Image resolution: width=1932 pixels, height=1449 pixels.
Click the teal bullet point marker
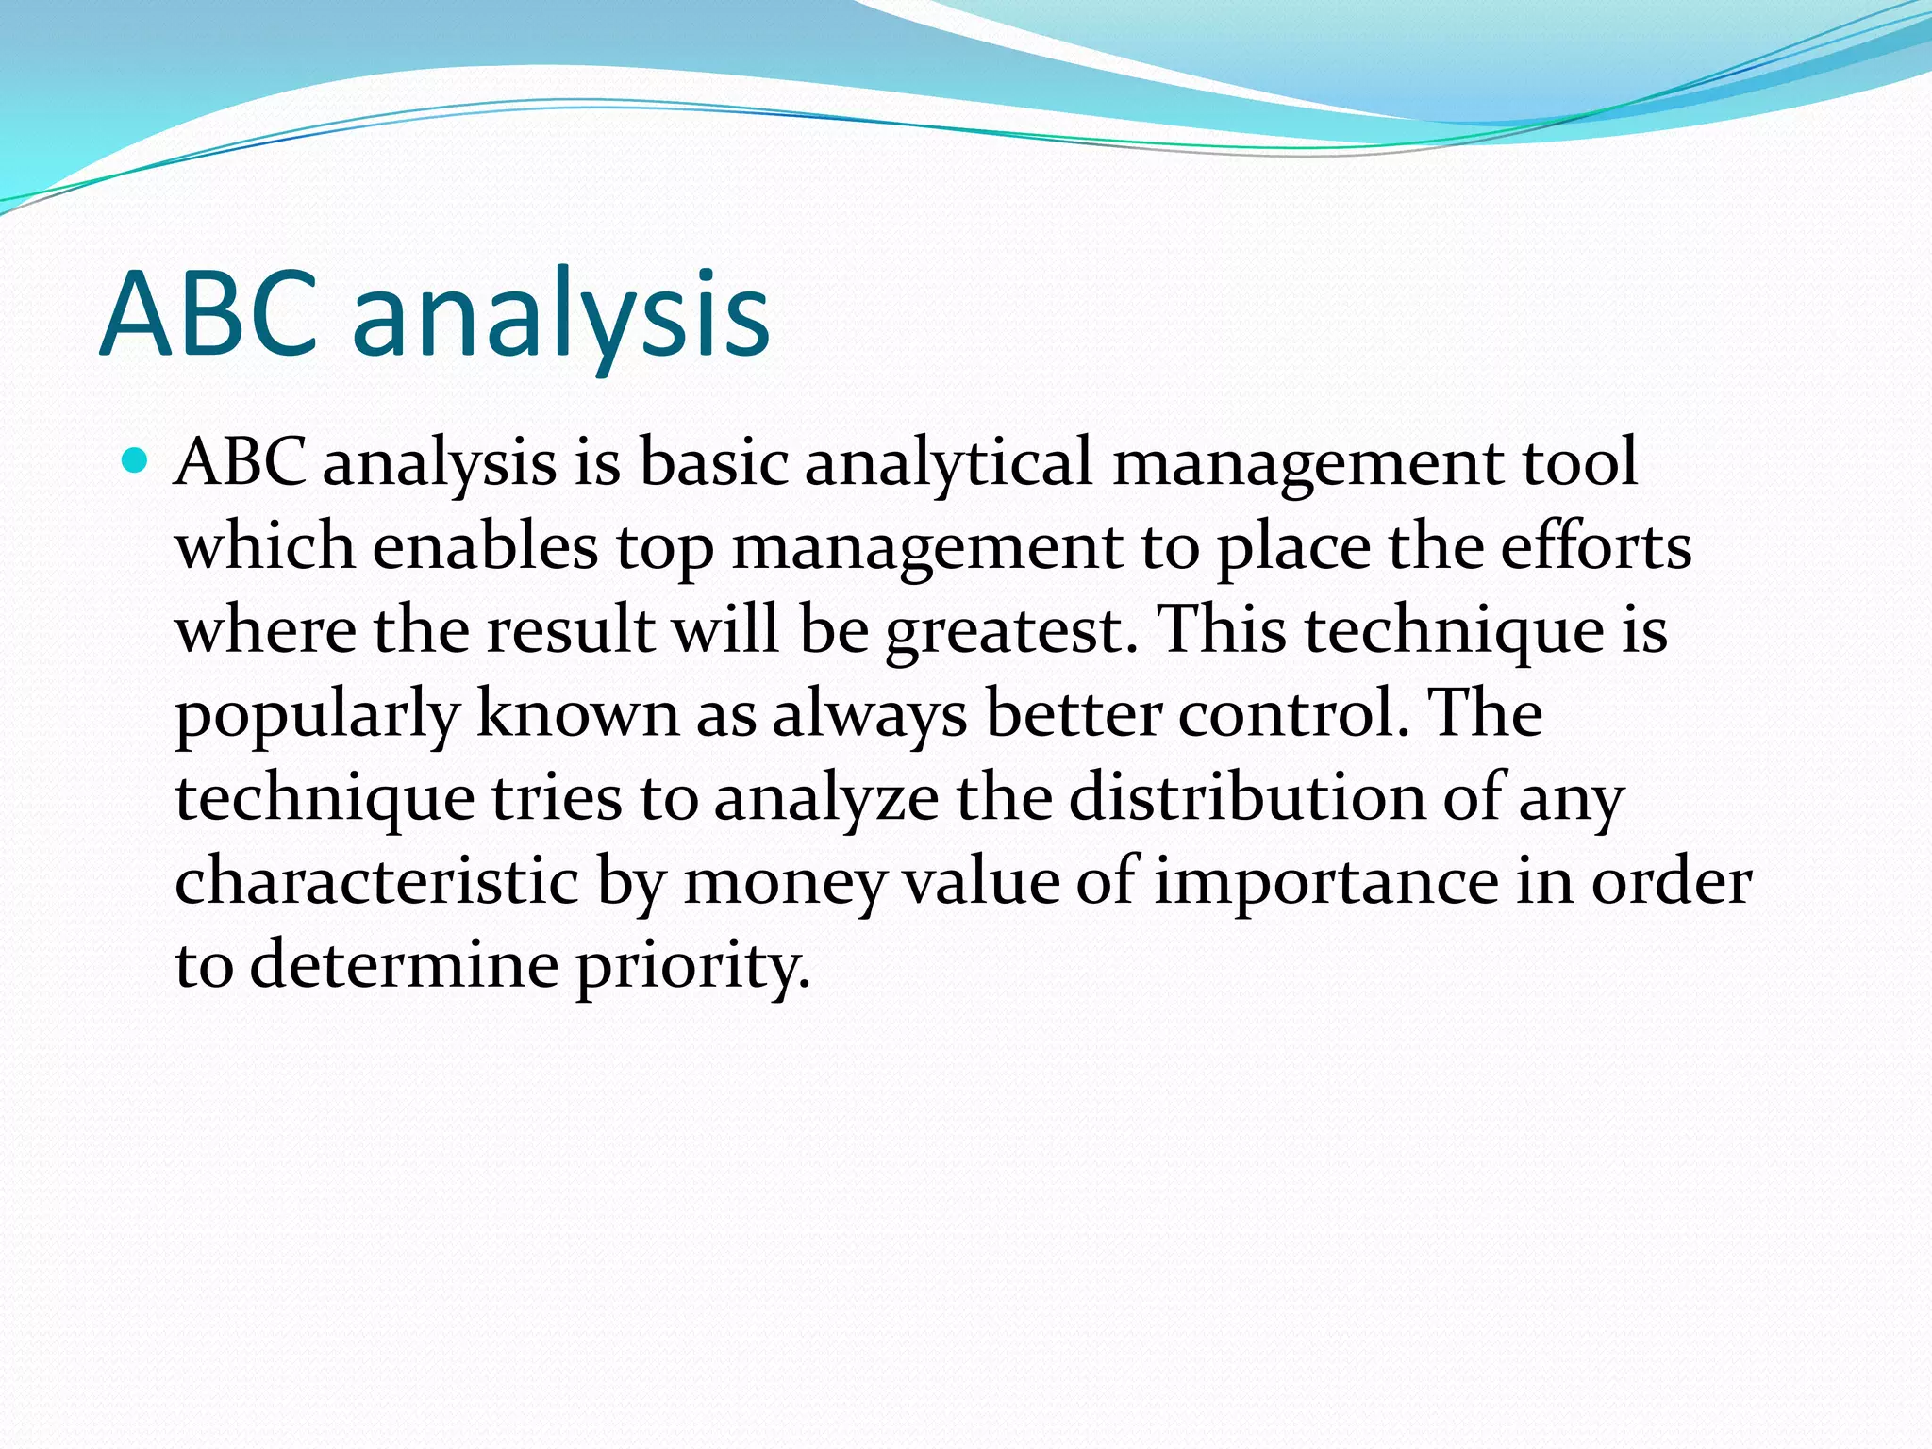pyautogui.click(x=136, y=462)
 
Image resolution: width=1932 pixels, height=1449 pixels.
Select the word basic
pyautogui.click(x=713, y=462)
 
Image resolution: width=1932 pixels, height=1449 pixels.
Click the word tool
pyautogui.click(x=1579, y=462)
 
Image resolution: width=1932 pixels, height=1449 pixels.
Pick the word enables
pyautogui.click(x=485, y=546)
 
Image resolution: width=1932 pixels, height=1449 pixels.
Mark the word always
pyautogui.click(x=869, y=715)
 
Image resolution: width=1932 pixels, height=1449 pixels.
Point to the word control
pyautogui.click(x=1293, y=713)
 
